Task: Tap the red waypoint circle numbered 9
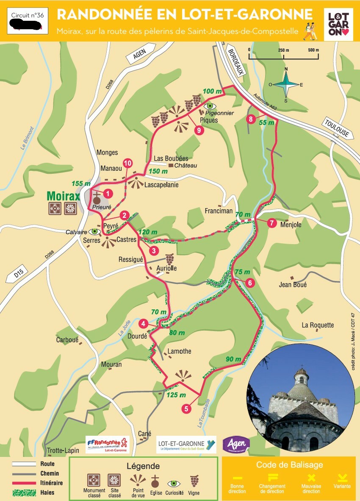(199, 131)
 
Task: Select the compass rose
(286, 84)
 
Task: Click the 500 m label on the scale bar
(313, 50)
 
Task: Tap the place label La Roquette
(318, 325)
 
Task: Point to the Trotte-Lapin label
(61, 450)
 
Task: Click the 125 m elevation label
(177, 395)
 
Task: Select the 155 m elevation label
(81, 184)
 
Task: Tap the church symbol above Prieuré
(97, 196)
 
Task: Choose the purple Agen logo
(236, 444)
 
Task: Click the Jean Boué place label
(293, 285)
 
